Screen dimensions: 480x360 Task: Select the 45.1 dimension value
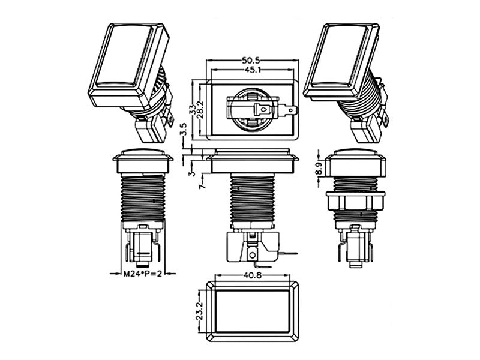tap(253, 70)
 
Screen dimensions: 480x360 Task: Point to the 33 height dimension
tap(193, 110)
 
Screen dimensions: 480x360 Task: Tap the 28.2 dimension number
tap(200, 110)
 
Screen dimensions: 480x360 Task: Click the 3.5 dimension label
tap(183, 130)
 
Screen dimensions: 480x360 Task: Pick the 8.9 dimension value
tap(319, 169)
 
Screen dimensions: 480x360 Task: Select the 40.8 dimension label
tap(253, 275)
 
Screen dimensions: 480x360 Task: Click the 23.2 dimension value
tap(200, 311)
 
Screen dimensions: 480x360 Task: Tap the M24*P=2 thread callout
tap(142, 274)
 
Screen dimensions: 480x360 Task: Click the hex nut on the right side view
tap(355, 201)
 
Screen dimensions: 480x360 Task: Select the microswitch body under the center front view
tap(253, 247)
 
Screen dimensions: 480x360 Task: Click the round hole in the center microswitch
tap(252, 254)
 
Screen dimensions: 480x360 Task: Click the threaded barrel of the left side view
tap(143, 197)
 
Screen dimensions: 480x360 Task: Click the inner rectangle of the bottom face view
tap(253, 311)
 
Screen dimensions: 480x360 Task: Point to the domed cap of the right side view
tap(355, 152)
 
